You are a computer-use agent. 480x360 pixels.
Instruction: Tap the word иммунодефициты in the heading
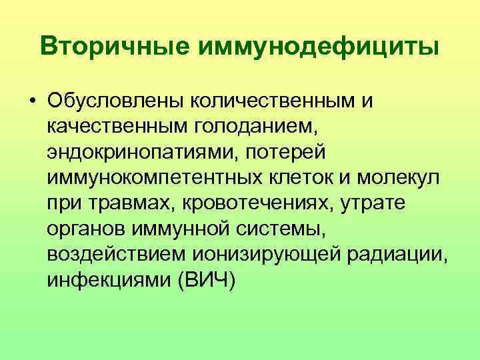(x=315, y=47)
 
